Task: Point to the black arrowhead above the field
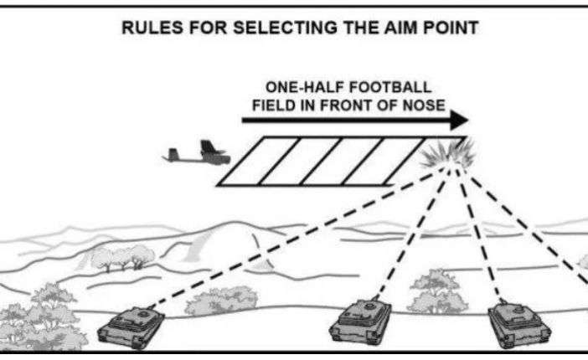[x=458, y=121]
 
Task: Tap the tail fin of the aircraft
[x=173, y=152]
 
